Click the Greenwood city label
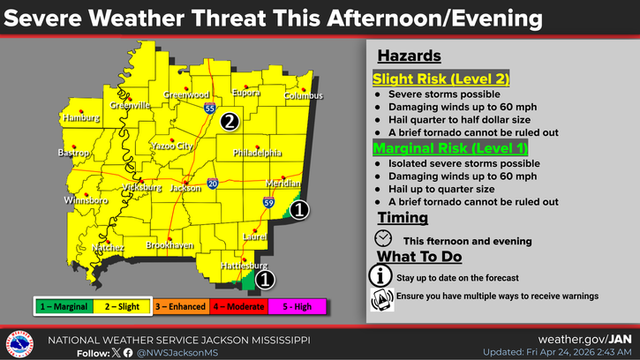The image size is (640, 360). coord(186,95)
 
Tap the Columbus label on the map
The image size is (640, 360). coord(304,96)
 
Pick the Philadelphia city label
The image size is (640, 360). coord(257,153)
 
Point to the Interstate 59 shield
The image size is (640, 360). coord(267,202)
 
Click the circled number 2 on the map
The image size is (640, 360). coord(229,122)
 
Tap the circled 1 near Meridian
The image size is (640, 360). coord(300,210)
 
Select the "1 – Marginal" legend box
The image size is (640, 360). coord(64,305)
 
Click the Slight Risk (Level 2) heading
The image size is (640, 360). coord(440,79)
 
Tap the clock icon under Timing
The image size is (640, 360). coord(383,238)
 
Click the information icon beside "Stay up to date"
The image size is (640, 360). coord(380,276)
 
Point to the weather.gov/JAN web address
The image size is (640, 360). coord(584,339)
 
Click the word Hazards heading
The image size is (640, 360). coord(409,56)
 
